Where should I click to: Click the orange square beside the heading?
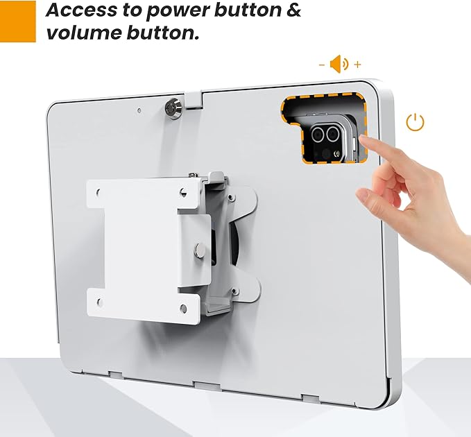point(17,21)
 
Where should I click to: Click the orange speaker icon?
point(339,65)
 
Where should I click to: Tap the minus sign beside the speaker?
point(322,65)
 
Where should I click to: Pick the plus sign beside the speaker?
point(358,65)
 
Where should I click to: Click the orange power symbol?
point(415,123)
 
